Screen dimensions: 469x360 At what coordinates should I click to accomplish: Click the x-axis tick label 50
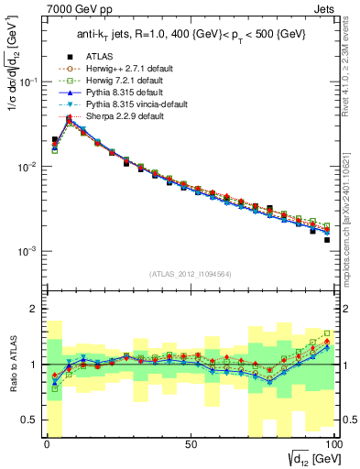[190, 445]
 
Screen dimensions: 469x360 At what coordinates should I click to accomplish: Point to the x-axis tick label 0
[47, 445]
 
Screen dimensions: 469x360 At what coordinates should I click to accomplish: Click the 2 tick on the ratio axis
[35, 309]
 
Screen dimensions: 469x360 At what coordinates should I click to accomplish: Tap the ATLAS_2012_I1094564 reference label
[190, 275]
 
